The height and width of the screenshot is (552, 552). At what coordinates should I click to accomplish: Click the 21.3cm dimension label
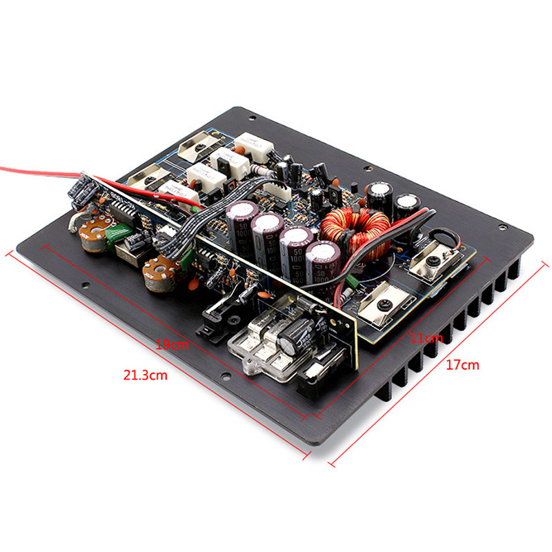pyautogui.click(x=145, y=375)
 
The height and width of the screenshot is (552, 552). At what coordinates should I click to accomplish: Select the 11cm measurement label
pyautogui.click(x=426, y=338)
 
